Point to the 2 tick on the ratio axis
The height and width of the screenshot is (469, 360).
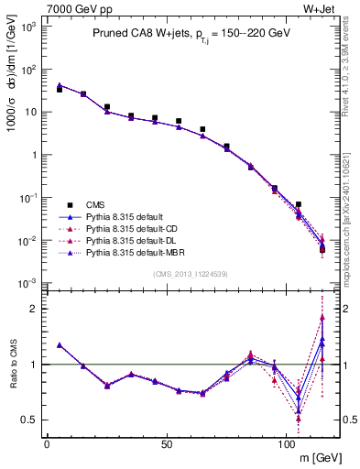coord(32,309)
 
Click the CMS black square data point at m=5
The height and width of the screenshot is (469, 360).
coord(60,90)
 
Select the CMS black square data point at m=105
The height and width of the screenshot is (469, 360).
coord(299,204)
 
